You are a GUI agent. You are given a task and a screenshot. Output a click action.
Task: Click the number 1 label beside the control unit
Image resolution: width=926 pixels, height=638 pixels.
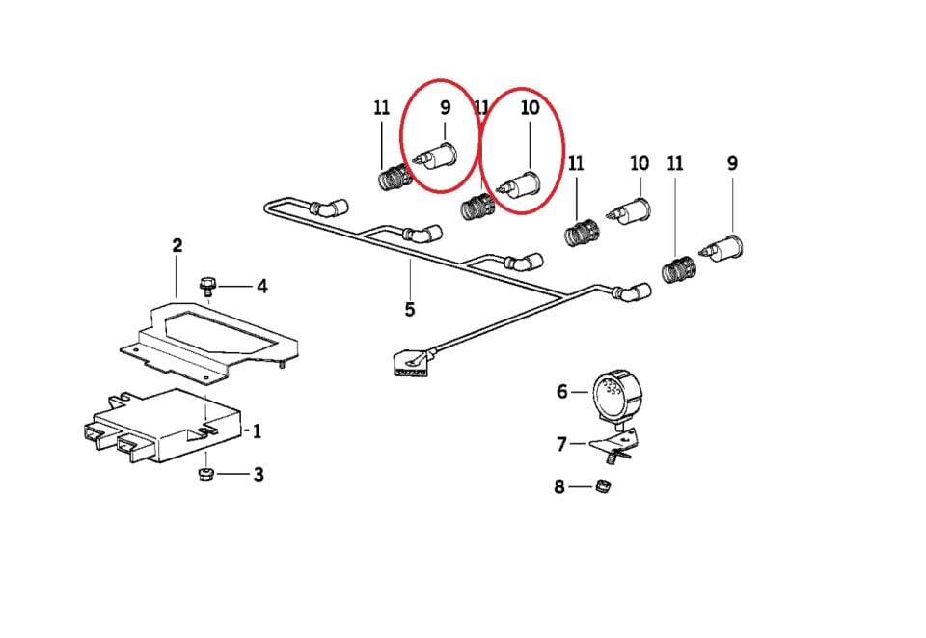(x=257, y=431)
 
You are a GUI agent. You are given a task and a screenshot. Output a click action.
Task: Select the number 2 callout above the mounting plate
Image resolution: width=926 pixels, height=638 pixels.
(x=177, y=246)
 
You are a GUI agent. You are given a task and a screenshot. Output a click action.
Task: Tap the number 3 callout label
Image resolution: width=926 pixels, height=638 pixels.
(x=258, y=475)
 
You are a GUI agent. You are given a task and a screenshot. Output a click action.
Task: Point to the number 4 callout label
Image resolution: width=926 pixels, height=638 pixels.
(x=260, y=286)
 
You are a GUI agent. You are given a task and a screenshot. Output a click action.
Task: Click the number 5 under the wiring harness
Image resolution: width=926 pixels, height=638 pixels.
(x=410, y=310)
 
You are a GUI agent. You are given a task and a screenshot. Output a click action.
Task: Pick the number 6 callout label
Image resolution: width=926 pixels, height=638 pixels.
(x=562, y=392)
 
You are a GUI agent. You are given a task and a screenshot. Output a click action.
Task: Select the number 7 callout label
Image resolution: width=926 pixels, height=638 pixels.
(x=562, y=444)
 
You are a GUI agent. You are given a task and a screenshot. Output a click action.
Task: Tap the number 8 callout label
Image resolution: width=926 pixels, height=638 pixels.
(x=559, y=487)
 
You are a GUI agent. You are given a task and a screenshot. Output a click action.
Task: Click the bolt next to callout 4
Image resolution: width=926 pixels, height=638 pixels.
(x=206, y=285)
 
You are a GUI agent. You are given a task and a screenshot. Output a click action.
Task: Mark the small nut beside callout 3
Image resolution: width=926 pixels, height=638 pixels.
(x=204, y=474)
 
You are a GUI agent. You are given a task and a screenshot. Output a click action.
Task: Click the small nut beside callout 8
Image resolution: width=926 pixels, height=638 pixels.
(x=607, y=485)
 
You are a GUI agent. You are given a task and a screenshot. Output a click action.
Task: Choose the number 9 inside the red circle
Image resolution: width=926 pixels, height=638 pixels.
(x=445, y=108)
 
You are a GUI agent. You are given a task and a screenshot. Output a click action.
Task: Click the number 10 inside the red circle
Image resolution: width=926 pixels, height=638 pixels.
(x=531, y=108)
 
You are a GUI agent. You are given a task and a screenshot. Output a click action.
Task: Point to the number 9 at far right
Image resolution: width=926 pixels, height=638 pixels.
(x=732, y=164)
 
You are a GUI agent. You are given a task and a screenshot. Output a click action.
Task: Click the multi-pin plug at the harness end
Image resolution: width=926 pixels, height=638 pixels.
(x=405, y=366)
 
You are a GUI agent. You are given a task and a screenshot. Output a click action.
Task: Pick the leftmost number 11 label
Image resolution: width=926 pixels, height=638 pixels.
(x=382, y=108)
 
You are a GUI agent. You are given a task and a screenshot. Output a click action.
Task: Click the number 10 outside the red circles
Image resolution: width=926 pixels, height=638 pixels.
(x=640, y=164)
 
